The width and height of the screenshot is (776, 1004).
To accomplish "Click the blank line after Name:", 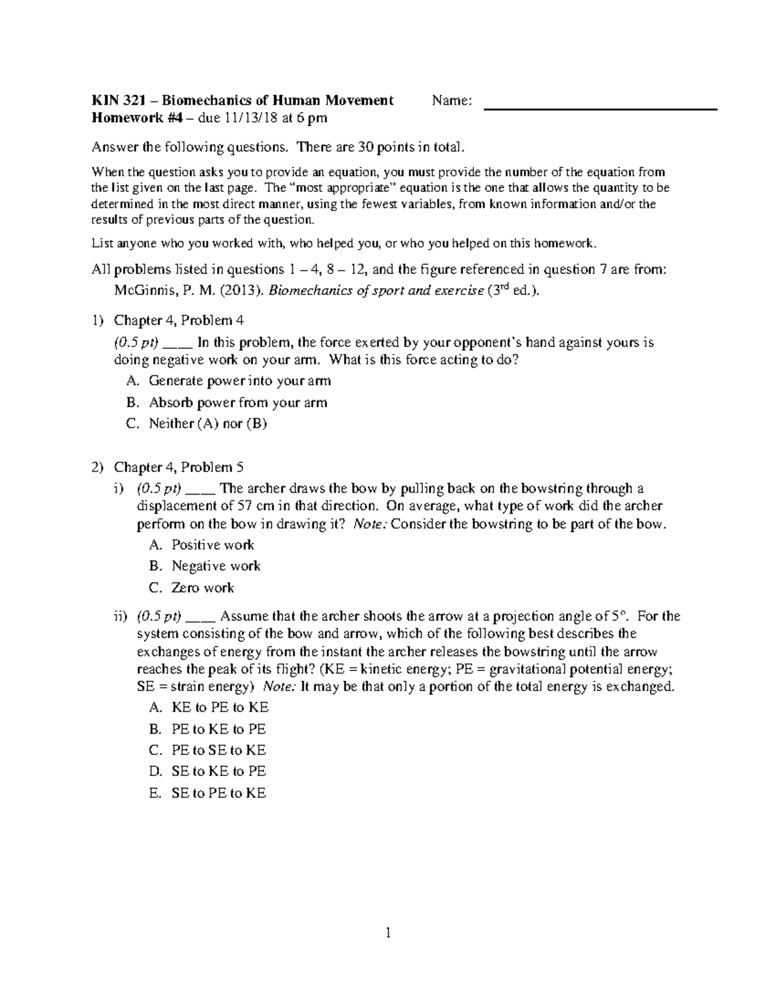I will [x=601, y=108].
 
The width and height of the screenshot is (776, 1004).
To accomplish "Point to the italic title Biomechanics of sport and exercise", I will [x=376, y=290].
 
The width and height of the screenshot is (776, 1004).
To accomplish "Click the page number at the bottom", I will [x=387, y=932].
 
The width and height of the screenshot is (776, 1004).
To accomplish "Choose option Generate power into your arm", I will [x=239, y=381].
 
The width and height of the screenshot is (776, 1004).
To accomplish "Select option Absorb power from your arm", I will [x=238, y=402].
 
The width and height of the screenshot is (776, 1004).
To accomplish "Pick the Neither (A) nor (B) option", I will [x=208, y=423].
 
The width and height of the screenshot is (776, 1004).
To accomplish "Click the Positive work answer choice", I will [x=213, y=544].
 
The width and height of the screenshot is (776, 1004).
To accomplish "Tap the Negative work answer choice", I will [x=215, y=566].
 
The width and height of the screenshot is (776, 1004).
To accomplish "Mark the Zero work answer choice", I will [x=202, y=588].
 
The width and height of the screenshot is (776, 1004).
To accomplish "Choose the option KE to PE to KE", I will [x=219, y=707].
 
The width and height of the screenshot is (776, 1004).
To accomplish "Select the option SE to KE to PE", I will [x=219, y=771].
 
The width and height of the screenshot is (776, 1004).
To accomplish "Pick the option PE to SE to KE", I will [x=219, y=750].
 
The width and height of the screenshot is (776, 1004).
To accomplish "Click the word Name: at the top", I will [x=452, y=100].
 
